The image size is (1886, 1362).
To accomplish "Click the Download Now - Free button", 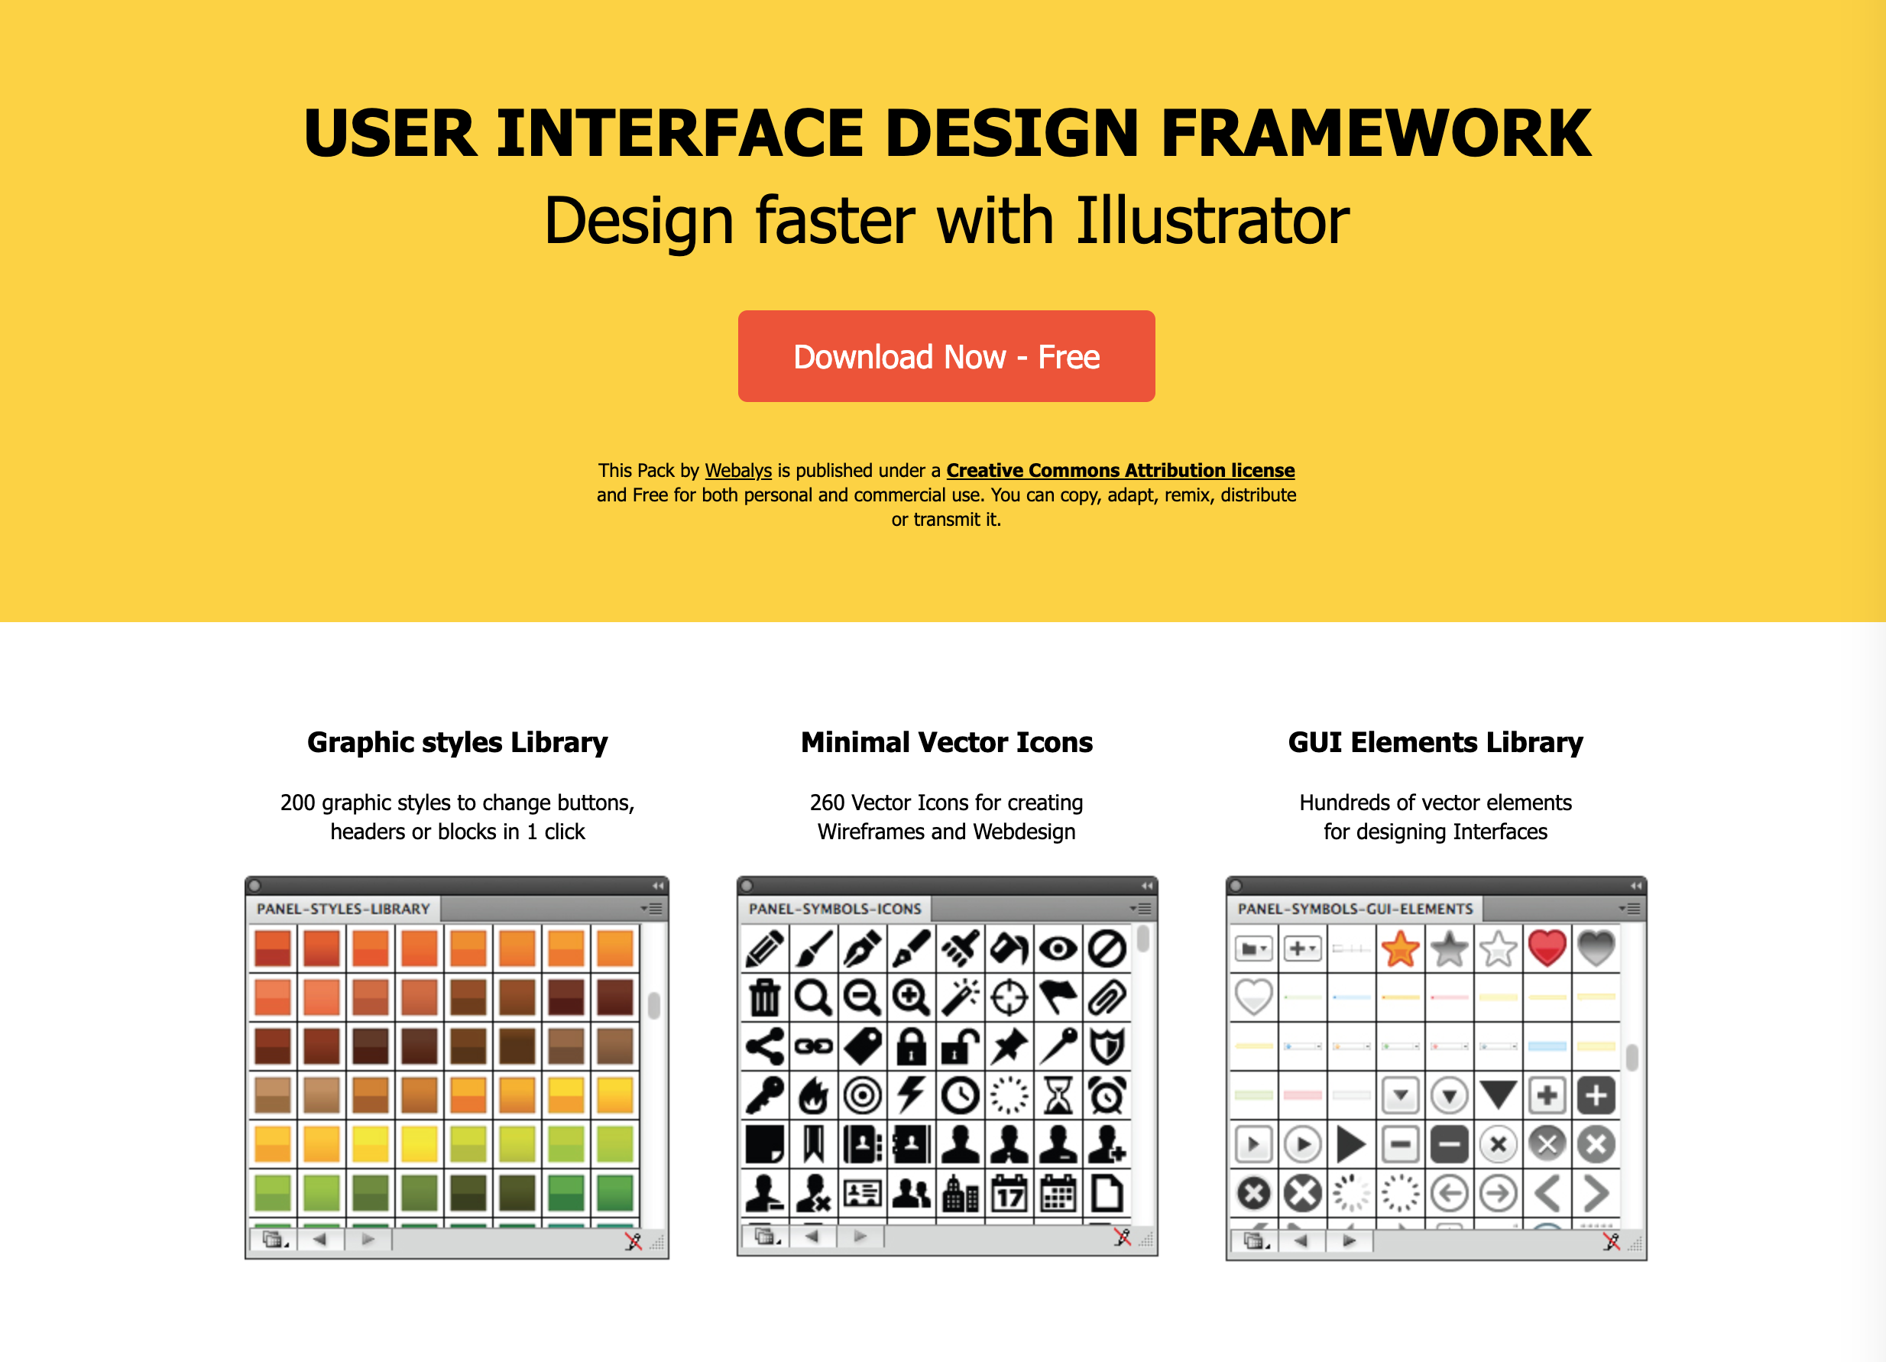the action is pos(946,356).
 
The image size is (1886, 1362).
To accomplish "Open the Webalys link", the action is pos(738,471).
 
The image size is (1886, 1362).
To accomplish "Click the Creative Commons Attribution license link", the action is pos(1120,471).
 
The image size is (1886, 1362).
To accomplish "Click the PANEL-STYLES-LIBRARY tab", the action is pos(343,909).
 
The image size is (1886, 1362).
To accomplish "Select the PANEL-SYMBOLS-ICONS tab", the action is pos(835,909).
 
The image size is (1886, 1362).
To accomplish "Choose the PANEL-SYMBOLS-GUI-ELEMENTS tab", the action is pos(1356,909).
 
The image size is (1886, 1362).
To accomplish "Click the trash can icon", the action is pos(765,997).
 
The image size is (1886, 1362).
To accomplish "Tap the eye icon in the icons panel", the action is pos(1058,949).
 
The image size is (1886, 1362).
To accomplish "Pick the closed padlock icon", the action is pos(912,1047).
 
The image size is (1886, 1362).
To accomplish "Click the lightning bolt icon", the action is pos(912,1095).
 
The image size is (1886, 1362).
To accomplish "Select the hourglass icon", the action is pos(1058,1095).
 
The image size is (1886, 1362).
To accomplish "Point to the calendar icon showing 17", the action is pos(1009,1193).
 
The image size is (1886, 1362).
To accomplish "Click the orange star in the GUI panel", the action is pos(1401,949).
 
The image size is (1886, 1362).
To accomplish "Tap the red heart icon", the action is pos(1547,948).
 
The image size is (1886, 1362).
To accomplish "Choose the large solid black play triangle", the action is pos(1350,1145).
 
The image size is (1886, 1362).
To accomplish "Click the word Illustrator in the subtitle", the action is pos(1213,220).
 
